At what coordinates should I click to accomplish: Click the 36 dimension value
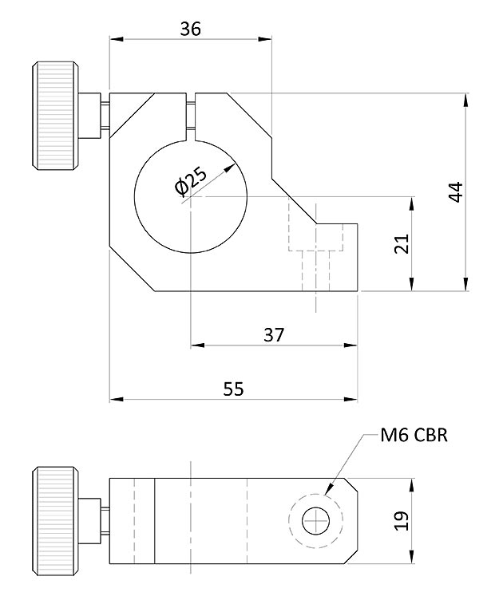coord(190,29)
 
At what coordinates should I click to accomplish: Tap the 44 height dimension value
coord(455,192)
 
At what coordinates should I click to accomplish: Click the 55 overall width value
coord(233,389)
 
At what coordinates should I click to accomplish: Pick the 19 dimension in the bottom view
coord(402,521)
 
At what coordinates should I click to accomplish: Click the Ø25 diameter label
coord(191,181)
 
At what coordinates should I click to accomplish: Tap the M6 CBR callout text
coord(414,435)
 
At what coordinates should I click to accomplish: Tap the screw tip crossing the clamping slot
coord(192,112)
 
